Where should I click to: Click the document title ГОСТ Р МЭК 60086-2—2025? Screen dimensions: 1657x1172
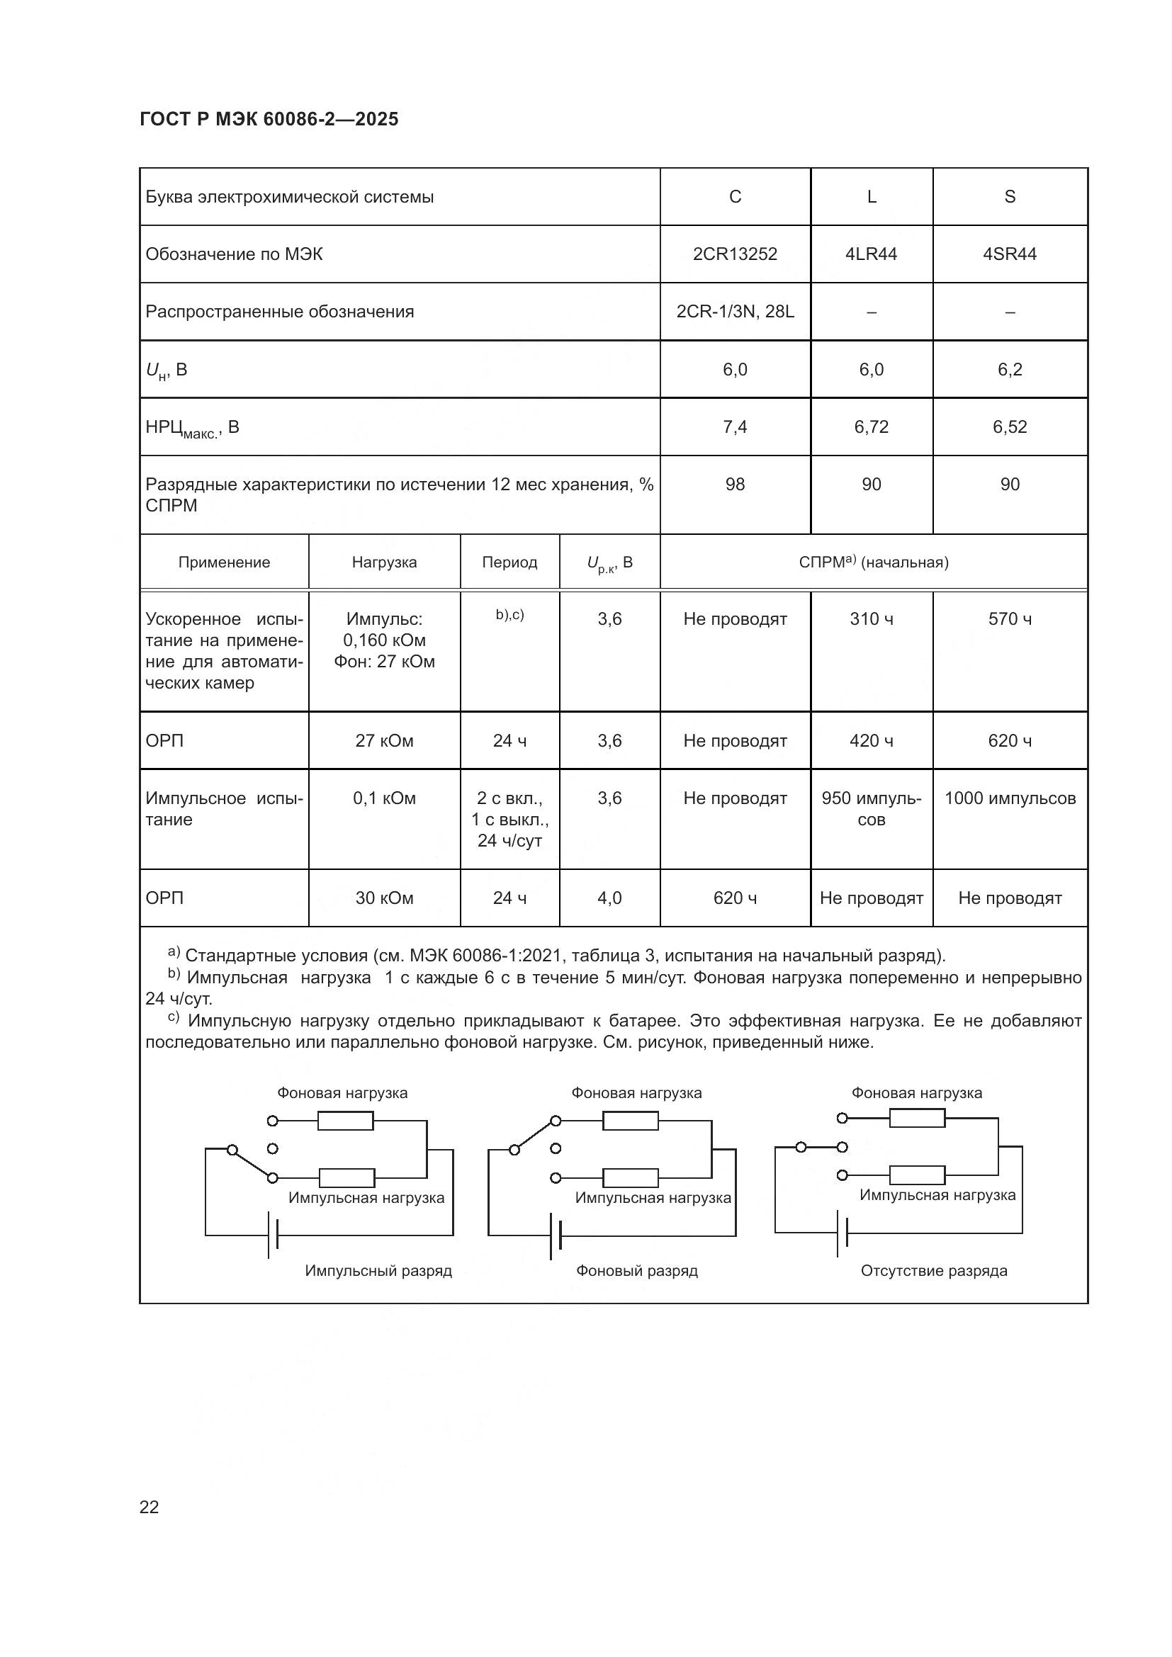coord(269,119)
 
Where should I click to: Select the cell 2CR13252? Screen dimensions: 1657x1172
coord(735,254)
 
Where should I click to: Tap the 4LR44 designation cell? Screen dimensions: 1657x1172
coord(871,254)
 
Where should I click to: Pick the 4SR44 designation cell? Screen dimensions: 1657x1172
coord(1009,254)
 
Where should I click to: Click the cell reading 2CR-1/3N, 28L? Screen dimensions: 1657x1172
coord(735,312)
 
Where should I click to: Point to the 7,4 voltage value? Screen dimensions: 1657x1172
coord(735,427)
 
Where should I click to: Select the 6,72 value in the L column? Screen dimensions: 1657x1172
coord(871,427)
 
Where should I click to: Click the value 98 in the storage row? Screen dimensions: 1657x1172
coord(735,485)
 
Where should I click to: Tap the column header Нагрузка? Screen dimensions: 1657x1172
coord(384,562)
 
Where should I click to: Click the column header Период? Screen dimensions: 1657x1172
coord(509,562)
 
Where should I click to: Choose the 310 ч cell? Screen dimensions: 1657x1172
coord(871,619)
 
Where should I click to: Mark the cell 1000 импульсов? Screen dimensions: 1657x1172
coord(1009,798)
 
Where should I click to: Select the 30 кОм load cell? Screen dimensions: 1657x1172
coord(384,898)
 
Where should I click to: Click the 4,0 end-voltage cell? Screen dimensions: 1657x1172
coord(609,898)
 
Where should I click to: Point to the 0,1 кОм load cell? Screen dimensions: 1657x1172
coord(384,798)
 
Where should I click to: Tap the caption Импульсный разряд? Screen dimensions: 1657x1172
coord(378,1270)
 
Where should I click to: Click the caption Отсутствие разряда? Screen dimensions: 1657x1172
coord(933,1270)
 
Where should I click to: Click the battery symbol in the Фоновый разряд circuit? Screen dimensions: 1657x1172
coord(556,1235)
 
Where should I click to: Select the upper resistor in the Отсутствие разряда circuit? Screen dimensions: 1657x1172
coord(916,1118)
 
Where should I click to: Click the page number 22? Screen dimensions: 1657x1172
coord(149,1501)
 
